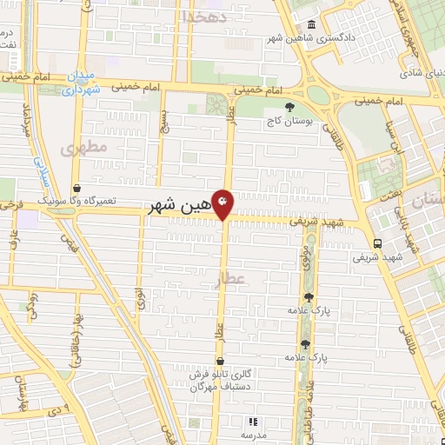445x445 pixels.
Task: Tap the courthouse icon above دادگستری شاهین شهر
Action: point(312,24)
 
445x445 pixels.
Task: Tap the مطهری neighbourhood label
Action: point(84,149)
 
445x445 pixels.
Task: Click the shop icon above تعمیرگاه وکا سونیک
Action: point(77,187)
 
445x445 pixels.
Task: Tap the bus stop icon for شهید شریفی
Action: point(376,243)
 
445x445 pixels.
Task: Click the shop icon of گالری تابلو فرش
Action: point(220,360)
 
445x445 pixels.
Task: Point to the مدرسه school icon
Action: point(253,420)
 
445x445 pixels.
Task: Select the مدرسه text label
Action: point(252,433)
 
